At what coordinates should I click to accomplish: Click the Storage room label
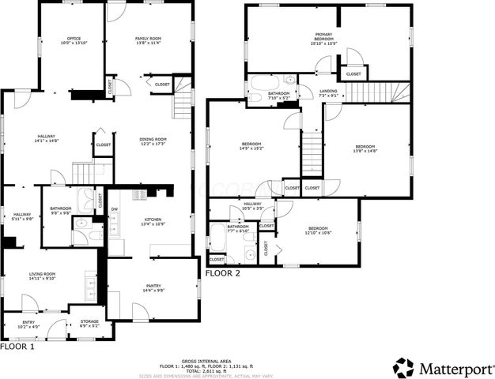coord(89,323)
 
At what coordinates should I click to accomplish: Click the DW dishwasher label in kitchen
coord(114,209)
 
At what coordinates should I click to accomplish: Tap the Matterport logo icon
coord(403,367)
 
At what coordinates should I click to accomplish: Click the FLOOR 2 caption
coord(222,273)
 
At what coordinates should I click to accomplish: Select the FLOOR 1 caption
coord(17,347)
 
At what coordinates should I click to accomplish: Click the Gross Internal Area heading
coord(206,359)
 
